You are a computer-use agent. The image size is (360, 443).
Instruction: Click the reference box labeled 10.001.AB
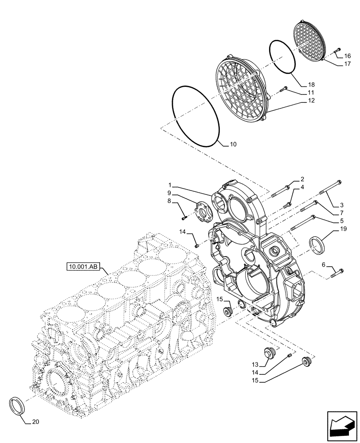coord(83,267)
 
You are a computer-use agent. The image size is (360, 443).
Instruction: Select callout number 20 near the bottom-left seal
coord(35,422)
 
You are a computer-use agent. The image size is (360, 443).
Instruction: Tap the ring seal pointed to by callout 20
coord(17,405)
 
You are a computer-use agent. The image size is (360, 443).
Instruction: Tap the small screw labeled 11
coord(283,90)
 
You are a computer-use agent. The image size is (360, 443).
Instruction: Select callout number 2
coord(302,179)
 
